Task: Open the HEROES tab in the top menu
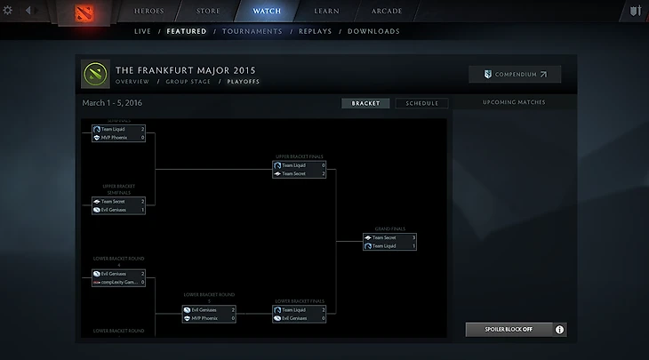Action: [148, 12]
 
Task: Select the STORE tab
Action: [207, 12]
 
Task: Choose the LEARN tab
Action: [325, 12]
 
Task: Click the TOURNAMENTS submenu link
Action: [252, 31]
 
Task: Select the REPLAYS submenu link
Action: [315, 31]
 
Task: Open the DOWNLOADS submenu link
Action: [373, 31]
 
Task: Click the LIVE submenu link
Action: [142, 31]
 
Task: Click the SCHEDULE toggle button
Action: [421, 103]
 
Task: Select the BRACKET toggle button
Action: [365, 103]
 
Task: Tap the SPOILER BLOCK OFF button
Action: [509, 329]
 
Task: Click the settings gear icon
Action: [8, 11]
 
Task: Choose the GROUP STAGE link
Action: [188, 81]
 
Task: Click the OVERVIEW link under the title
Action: [132, 81]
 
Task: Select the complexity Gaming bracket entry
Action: [118, 282]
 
